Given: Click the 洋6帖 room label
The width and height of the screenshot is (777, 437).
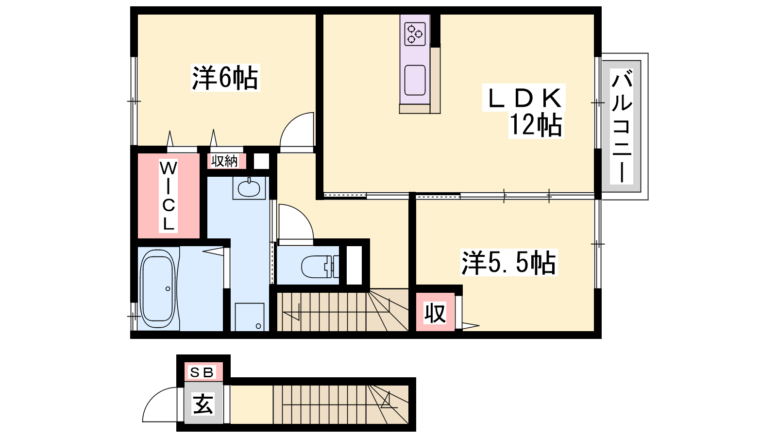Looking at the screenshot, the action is [225, 78].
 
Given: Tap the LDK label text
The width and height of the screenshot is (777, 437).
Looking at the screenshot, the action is [524, 98].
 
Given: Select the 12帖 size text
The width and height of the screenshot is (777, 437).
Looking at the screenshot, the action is [536, 125].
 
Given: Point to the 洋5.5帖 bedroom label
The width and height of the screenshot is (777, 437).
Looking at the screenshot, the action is [508, 263].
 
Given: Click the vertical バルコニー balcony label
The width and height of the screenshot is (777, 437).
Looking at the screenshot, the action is [622, 126].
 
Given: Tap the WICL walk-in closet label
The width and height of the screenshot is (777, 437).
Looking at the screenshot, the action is [168, 196].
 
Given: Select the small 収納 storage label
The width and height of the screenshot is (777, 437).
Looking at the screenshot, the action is [224, 161].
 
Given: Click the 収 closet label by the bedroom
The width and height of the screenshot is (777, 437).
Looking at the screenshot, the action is [435, 313].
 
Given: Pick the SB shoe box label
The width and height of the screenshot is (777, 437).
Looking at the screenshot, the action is [202, 372].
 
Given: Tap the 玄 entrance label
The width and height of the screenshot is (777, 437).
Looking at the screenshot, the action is [203, 403].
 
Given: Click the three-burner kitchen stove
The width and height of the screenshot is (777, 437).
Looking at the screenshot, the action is [415, 34].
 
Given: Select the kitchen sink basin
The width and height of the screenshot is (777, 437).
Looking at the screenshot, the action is [415, 80].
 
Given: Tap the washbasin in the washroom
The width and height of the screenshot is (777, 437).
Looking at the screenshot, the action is [249, 188].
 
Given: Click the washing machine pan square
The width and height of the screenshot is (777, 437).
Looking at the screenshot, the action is [250, 317].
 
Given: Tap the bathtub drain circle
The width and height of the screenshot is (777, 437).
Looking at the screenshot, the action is [168, 288].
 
